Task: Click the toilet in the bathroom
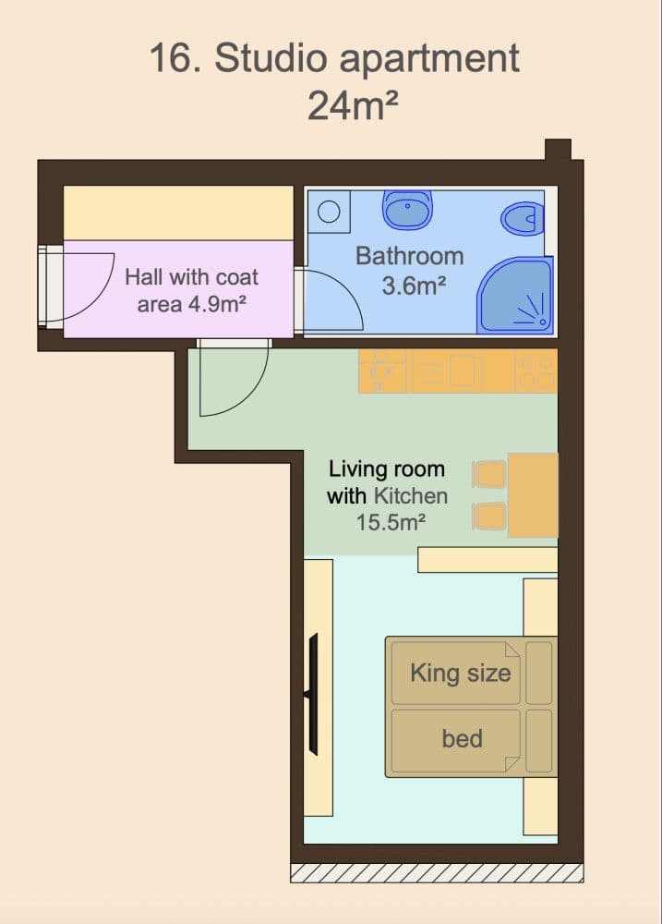pyautogui.click(x=521, y=220)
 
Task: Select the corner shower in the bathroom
pyautogui.click(x=516, y=296)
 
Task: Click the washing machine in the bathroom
pyautogui.click(x=329, y=212)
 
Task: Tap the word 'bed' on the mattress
pyautogui.click(x=462, y=738)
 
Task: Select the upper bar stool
pyautogui.click(x=489, y=475)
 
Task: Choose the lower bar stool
pyautogui.click(x=489, y=516)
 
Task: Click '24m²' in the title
pyautogui.click(x=353, y=106)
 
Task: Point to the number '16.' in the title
pyautogui.click(x=175, y=59)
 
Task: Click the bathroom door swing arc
pyautogui.click(x=332, y=296)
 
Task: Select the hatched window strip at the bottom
pyautogui.click(x=436, y=873)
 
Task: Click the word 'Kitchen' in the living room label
pyautogui.click(x=411, y=495)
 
